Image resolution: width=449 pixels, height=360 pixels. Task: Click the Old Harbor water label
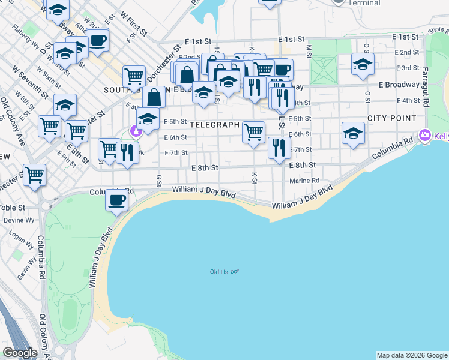(224, 272)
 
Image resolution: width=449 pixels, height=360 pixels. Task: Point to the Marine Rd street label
(304, 181)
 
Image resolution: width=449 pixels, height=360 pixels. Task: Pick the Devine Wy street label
(14, 220)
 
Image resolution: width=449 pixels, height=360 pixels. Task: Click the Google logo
(20, 353)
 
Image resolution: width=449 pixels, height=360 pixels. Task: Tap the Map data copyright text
(412, 355)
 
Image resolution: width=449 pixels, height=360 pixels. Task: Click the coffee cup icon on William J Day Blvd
(116, 199)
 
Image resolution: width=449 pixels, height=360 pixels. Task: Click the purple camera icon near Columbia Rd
(426, 136)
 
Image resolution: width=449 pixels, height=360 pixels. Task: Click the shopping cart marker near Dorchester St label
(134, 76)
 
